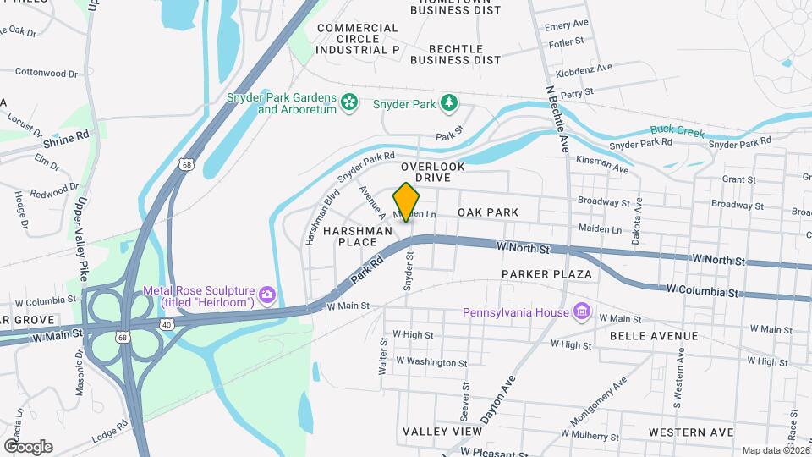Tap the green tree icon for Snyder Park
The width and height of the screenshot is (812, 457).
451,104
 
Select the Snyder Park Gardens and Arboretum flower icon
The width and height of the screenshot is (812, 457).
349,104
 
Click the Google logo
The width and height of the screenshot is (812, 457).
27,446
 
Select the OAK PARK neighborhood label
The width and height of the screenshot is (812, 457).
487,212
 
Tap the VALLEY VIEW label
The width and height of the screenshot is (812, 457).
442,432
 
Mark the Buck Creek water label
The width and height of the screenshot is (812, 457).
677,131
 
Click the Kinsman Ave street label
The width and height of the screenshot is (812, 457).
601,164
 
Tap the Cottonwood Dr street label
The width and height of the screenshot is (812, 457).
47,74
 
